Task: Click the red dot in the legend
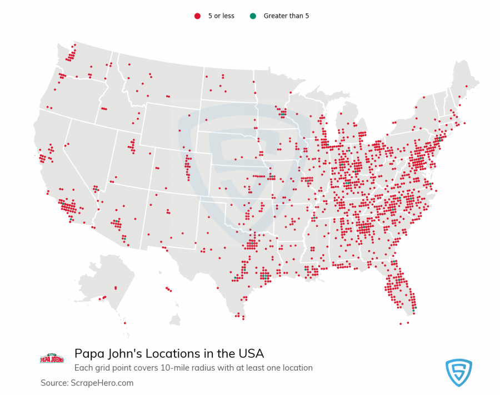[197, 16]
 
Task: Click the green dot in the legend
[253, 16]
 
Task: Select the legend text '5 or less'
[221, 16]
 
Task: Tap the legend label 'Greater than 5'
[286, 16]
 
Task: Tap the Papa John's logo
[52, 358]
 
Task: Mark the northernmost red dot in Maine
[466, 86]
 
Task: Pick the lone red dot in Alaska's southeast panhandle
[125, 323]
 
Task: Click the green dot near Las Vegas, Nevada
[97, 190]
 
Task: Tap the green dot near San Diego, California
[72, 220]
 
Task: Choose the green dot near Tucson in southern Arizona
[125, 239]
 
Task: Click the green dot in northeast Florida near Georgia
[393, 262]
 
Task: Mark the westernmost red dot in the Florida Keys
[400, 324]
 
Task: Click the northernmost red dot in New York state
[424, 97]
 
